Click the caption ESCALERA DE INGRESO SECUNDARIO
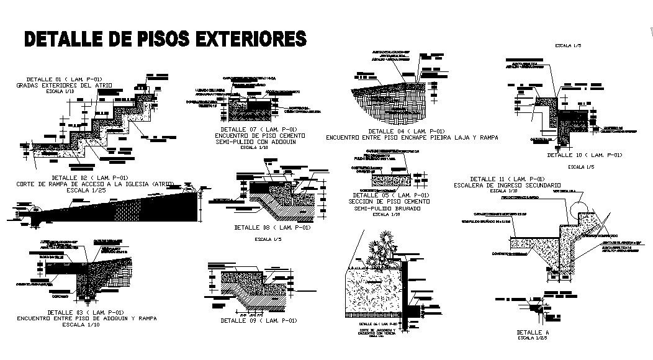[508, 185]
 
